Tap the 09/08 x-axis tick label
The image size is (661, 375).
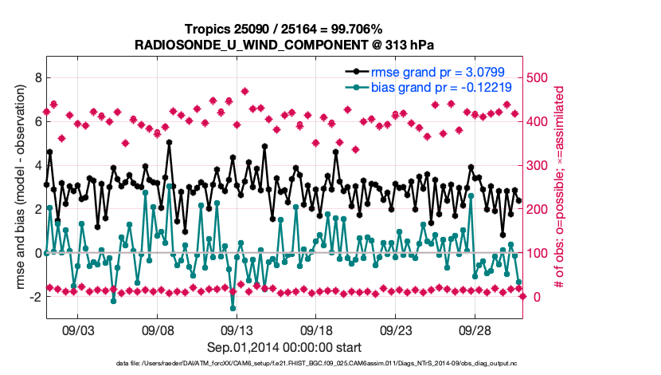pos(158,330)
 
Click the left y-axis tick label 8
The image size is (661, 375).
pos(36,78)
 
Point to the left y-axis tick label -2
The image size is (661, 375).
pos(33,297)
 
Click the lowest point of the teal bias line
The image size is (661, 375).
pos(233,308)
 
